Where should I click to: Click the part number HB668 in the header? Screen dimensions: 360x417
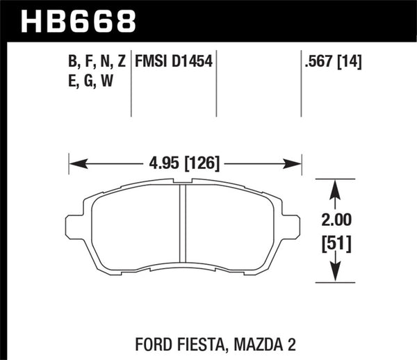click(x=78, y=20)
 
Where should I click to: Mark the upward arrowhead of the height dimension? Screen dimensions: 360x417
click(x=336, y=186)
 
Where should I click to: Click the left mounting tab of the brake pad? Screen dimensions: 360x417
click(x=74, y=226)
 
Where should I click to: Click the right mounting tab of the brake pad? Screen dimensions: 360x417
click(x=295, y=226)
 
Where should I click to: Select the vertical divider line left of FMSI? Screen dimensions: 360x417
click(x=131, y=83)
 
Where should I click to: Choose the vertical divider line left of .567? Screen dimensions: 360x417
click(x=301, y=83)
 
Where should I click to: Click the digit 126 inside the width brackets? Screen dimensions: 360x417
click(x=206, y=164)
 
